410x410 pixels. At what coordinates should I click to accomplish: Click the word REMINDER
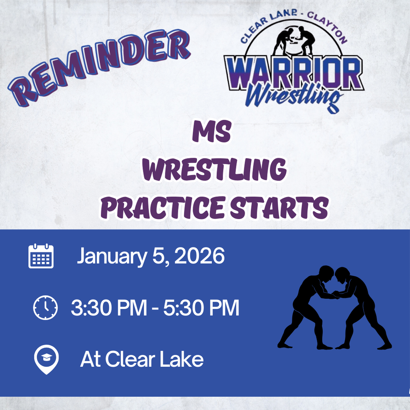coord(99,67)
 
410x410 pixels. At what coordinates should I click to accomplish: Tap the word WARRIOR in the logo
coord(294,73)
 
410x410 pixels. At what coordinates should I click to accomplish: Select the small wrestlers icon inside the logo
coord(294,40)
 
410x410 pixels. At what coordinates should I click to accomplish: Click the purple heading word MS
coord(212,131)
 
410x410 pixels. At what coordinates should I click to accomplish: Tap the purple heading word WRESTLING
coord(215,169)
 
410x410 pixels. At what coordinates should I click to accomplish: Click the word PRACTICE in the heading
coord(163,207)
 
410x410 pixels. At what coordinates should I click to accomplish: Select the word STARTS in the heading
coord(279,207)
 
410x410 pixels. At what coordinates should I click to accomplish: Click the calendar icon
coord(41,256)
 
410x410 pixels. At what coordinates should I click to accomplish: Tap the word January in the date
coord(112,256)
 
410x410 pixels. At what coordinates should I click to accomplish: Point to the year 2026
coord(199,256)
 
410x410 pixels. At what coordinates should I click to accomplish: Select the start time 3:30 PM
coord(109,308)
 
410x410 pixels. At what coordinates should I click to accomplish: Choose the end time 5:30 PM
coord(201,308)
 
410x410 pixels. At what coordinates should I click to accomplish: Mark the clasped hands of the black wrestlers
coord(335,295)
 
